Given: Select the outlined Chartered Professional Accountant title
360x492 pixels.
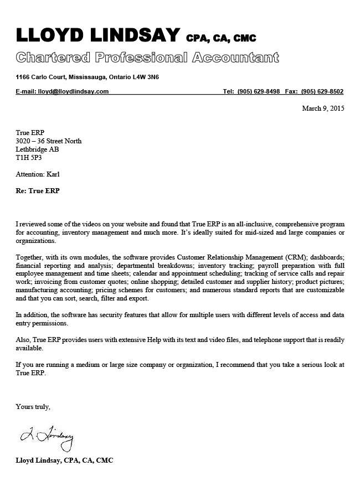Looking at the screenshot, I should click(x=147, y=57).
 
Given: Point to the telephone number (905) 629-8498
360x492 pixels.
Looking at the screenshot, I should click(x=259, y=91).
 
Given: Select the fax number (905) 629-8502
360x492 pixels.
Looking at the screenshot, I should click(x=322, y=91).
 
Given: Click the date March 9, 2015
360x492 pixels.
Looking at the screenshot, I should click(x=323, y=108).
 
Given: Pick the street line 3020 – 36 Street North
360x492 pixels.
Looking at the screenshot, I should click(x=49, y=141).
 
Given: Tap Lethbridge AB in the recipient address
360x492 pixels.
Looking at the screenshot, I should click(x=38, y=149).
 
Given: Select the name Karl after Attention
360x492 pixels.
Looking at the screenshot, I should click(x=53, y=174).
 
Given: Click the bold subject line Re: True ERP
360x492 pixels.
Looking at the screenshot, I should click(x=38, y=191).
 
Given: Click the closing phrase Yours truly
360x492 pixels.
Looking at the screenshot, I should click(x=33, y=407).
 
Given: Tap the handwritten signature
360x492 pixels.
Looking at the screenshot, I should click(x=47, y=437).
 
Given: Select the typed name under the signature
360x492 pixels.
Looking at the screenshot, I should click(x=65, y=460).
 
